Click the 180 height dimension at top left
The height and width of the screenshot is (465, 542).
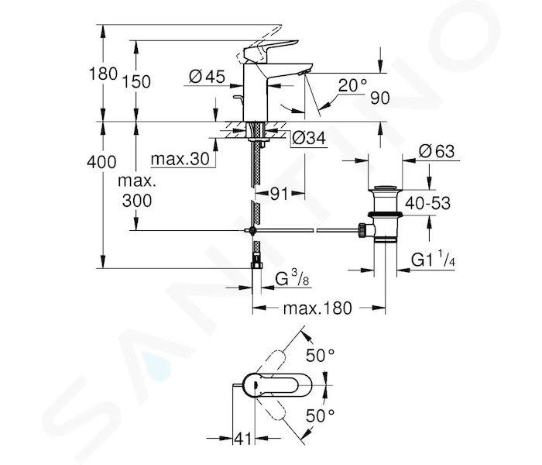pos(103,74)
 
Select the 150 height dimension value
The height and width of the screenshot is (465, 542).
pos(136,82)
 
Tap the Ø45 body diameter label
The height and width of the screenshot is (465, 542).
pos(207,77)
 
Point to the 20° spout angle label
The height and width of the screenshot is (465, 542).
pos(352,85)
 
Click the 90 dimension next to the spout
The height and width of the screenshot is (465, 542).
pos(380,98)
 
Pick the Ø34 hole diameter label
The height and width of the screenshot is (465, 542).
pos(309,139)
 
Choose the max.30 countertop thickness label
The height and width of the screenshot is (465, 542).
pos(180,159)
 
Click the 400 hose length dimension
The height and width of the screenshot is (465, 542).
pos(101,162)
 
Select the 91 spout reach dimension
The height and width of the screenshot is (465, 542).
pos(279,194)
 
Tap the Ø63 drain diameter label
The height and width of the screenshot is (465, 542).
pos(437,151)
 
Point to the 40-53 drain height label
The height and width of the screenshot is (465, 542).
pos(427,203)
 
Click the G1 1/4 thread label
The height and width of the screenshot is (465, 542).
pos(433,259)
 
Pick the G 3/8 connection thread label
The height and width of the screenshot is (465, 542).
pos(292,277)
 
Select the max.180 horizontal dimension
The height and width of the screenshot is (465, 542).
pos(317,308)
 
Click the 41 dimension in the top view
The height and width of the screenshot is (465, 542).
pos(243,439)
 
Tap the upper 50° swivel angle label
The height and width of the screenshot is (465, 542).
pos(320,355)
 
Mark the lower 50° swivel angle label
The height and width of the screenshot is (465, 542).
pos(320,415)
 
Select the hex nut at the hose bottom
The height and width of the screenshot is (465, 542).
pos(256,265)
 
